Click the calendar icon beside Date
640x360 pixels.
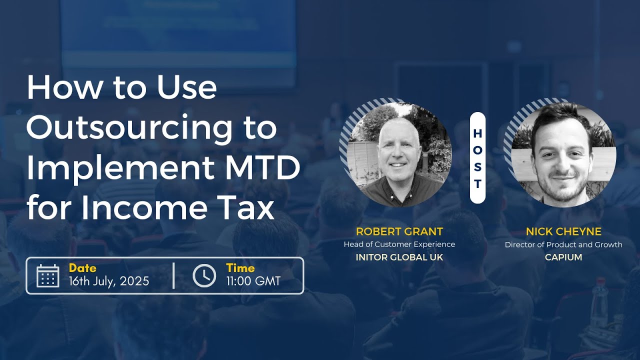[x=48, y=275]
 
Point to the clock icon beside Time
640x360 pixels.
[x=204, y=275]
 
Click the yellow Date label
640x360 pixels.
[x=82, y=268]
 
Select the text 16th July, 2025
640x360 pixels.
[x=109, y=281]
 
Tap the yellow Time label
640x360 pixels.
[x=240, y=268]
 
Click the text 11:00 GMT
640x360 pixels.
[x=253, y=281]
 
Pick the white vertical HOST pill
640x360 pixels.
[x=477, y=157]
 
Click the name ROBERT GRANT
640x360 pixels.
[x=399, y=231]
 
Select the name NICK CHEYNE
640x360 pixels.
[x=563, y=231]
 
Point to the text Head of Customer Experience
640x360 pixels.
[x=399, y=244]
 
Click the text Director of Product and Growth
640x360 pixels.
[x=563, y=244]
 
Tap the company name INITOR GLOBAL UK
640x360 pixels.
[x=399, y=257]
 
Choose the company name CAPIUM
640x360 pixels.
[x=563, y=257]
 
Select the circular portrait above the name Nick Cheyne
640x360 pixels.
[x=563, y=154]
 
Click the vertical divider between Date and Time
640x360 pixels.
[x=173, y=275]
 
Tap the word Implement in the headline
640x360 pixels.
[x=120, y=168]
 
